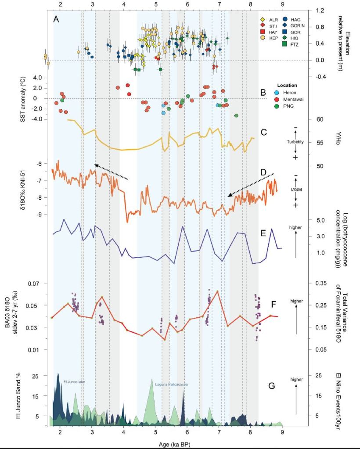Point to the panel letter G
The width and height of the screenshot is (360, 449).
(x=272, y=386)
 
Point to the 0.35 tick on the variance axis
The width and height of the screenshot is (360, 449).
(x=321, y=283)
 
